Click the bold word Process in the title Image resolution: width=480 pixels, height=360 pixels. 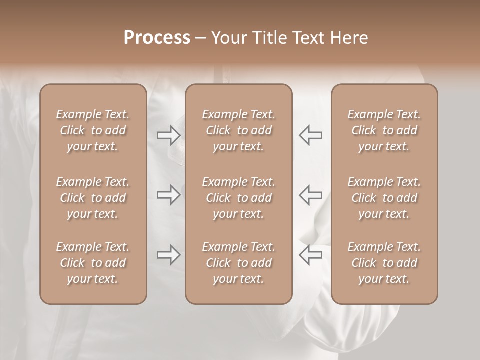[157, 38]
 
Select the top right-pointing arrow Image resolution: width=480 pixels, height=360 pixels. [168, 135]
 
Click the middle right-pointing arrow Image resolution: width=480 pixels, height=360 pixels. [168, 195]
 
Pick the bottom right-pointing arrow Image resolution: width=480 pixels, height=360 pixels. [168, 255]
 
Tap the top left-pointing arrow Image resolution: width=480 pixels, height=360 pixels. [310, 135]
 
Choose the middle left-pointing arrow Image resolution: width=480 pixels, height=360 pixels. [310, 195]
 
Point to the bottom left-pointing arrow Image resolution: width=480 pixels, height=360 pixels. [310, 255]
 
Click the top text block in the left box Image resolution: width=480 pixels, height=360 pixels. [93, 130]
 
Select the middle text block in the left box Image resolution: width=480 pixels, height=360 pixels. [93, 198]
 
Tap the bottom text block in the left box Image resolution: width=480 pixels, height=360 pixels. [93, 263]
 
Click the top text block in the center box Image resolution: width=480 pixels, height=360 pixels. [238, 130]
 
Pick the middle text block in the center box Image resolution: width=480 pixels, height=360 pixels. [238, 198]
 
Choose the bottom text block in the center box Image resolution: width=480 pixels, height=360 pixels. [238, 263]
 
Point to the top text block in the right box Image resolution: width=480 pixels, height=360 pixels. [384, 130]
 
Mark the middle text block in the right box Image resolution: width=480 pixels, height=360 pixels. [384, 198]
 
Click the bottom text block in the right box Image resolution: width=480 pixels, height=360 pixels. [384, 263]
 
